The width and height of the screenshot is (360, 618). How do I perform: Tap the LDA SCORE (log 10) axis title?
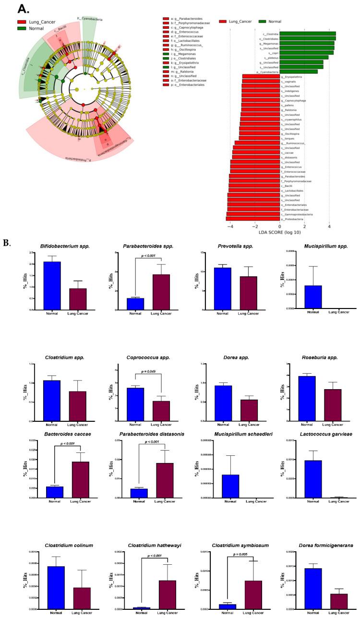(x=279, y=232)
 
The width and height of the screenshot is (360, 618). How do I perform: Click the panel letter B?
(x=7, y=243)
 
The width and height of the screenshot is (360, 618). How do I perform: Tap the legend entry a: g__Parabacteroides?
(x=184, y=19)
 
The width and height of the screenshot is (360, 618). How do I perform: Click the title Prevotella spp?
(x=230, y=247)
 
